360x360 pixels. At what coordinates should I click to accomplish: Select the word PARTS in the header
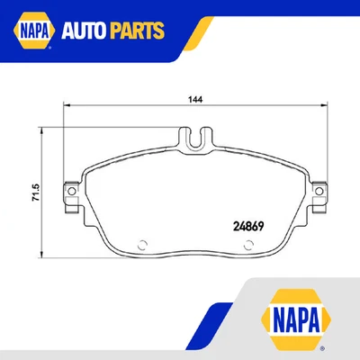[x=136, y=32]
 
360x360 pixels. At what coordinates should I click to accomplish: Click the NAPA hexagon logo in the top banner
[x=31, y=31]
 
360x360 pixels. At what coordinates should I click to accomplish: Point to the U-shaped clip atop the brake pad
[x=199, y=139]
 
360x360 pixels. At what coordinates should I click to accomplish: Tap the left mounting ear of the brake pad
[x=70, y=190]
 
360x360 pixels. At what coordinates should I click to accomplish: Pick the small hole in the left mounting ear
[x=69, y=190]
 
